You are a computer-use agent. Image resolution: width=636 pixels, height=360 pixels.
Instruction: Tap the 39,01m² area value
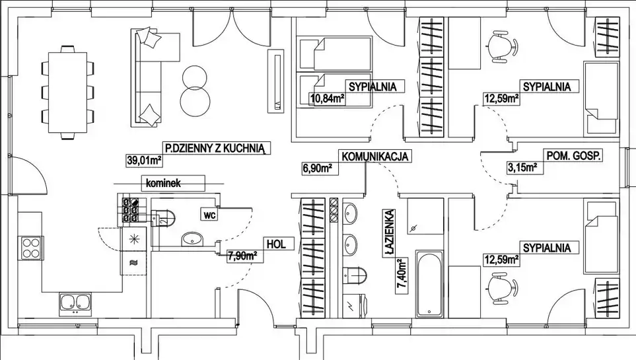coord(144,159)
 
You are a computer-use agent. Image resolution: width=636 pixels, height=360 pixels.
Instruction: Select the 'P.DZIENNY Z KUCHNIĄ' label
coord(215,149)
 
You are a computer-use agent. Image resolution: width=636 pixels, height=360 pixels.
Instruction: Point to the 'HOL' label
coord(275,244)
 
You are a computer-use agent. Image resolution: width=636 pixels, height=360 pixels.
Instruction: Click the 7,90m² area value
coord(241,256)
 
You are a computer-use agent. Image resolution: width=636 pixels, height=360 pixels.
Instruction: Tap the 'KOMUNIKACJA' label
coord(376,157)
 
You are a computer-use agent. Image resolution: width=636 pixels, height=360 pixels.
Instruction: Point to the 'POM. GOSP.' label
coord(573,156)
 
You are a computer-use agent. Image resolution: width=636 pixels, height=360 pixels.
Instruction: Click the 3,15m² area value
coord(521,166)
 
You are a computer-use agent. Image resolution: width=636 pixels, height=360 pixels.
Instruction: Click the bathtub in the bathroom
coord(429,283)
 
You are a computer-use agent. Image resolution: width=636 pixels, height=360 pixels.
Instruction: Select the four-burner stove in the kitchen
coord(31,248)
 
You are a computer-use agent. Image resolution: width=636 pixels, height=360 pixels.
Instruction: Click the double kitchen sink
coord(75,303)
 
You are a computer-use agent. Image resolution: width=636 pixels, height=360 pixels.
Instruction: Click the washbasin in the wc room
coord(192,238)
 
